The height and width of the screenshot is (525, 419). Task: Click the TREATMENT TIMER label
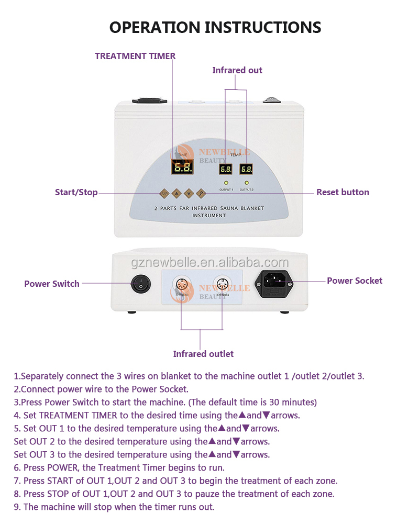coord(135,56)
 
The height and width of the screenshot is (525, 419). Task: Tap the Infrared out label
coord(237,70)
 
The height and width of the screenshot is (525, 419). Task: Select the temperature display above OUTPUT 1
coord(226,169)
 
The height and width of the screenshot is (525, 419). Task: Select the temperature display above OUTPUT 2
coord(246,169)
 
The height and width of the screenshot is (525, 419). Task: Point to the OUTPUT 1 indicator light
coord(226,183)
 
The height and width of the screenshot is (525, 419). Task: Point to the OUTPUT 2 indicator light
coord(246,183)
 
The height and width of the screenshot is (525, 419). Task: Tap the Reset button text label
coord(343,192)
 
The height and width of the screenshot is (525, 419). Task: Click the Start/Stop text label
coord(76,192)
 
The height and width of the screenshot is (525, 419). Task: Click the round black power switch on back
coord(140,285)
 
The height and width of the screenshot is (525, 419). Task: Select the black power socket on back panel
coord(273,283)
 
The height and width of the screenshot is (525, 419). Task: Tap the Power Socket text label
coord(355,281)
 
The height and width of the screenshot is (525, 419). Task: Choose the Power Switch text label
coord(52,284)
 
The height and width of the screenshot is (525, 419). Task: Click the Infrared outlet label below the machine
coord(203,354)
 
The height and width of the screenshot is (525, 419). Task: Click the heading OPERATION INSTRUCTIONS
coord(215,27)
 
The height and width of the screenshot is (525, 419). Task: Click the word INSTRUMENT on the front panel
coord(209,215)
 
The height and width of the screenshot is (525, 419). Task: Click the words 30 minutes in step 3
coord(292,403)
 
